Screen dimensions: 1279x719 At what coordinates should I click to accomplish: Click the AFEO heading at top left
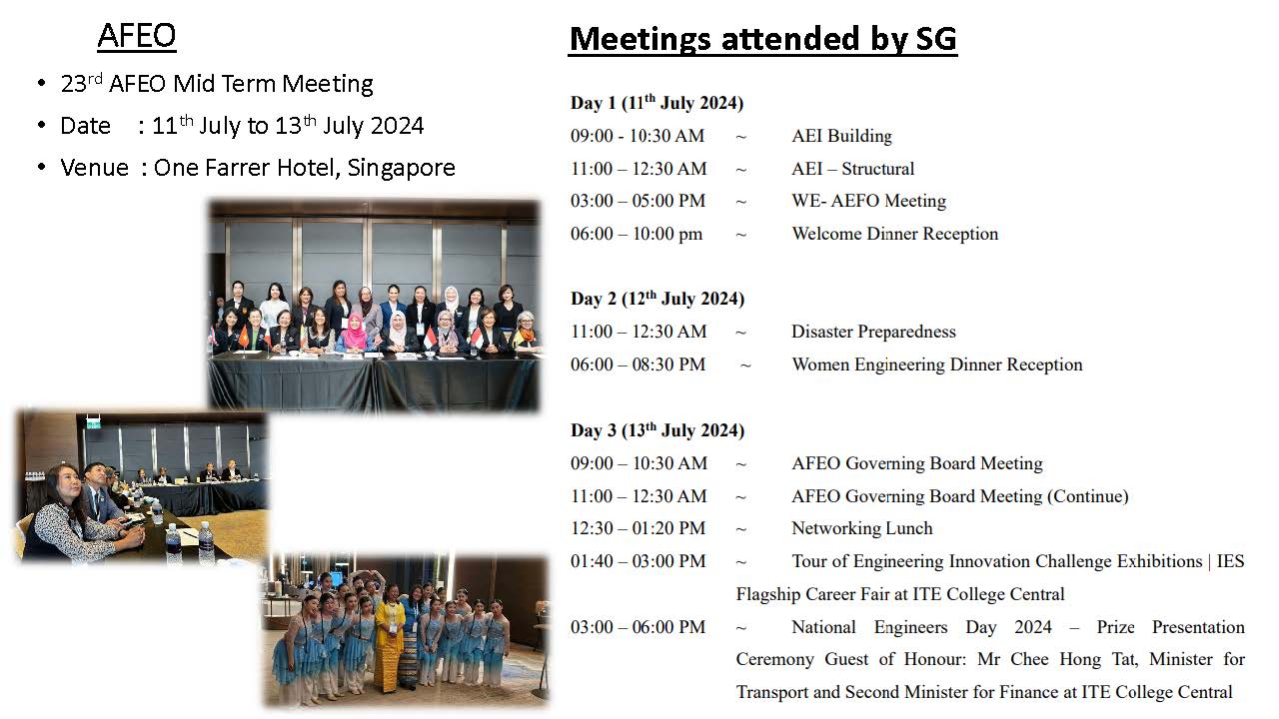(x=137, y=36)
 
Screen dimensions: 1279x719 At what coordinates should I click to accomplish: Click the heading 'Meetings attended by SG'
(x=762, y=39)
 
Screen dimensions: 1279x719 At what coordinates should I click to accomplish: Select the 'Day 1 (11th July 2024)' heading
(x=656, y=103)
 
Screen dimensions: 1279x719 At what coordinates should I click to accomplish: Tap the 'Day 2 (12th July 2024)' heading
(x=657, y=299)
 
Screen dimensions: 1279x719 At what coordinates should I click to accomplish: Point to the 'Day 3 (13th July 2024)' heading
(x=657, y=430)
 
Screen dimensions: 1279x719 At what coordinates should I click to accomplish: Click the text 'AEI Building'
(x=841, y=136)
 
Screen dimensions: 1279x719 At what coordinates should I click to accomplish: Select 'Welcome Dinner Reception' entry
(x=894, y=234)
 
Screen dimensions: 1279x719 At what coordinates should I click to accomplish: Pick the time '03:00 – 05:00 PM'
(x=638, y=201)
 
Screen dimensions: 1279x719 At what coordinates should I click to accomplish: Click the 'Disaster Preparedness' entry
(x=873, y=332)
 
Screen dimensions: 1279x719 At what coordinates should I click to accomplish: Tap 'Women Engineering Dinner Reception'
(x=937, y=364)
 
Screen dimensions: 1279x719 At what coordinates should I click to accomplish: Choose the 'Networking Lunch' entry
(x=862, y=528)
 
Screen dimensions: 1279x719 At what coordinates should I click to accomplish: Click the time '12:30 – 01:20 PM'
(x=638, y=528)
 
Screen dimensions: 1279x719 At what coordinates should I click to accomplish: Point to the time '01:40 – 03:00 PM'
(x=638, y=561)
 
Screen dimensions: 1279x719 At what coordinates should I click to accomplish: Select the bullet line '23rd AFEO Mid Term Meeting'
(x=217, y=84)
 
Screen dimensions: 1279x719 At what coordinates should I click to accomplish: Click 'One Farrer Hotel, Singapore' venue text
(x=305, y=168)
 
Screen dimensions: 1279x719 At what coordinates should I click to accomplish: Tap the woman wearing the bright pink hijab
(x=354, y=332)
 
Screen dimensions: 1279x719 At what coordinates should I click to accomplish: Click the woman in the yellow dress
(x=391, y=632)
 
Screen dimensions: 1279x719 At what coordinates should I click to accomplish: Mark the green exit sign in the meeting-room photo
(x=93, y=421)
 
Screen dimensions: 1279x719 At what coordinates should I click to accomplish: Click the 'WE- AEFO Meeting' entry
(x=868, y=201)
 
